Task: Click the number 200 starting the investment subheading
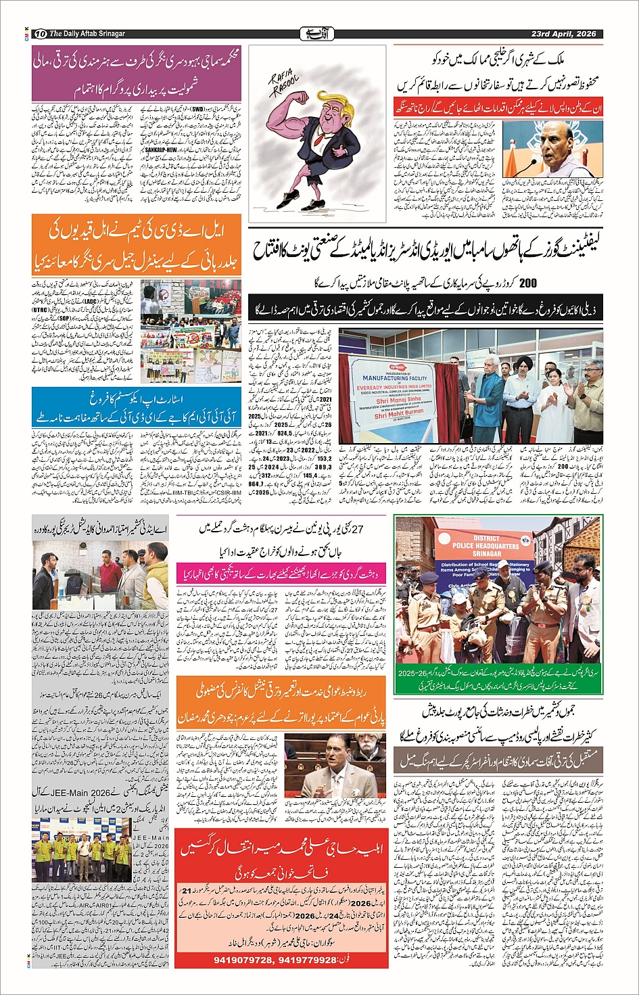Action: (527, 283)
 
